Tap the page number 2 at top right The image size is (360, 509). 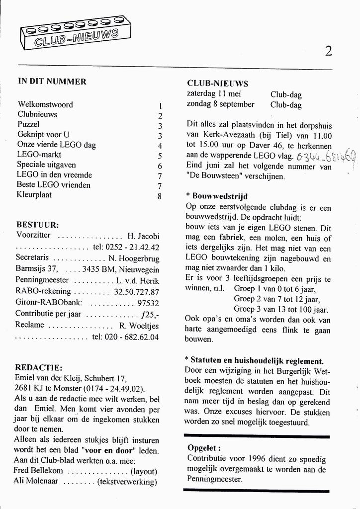pos(328,51)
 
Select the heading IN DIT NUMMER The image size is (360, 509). pos(52,82)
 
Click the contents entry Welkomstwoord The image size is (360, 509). pos(45,105)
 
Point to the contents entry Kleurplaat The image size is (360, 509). pos(34,195)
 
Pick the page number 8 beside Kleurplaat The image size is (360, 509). pos(160,196)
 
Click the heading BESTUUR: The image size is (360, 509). pos(37,225)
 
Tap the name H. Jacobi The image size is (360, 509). pos(143,236)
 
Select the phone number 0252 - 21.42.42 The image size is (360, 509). pos(132,247)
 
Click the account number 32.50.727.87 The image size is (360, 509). pos(136,292)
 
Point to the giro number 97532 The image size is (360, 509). pos(148,303)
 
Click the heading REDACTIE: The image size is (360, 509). pos(39,368)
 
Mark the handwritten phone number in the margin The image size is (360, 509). pos(325,159)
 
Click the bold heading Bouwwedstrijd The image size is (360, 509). pos(219,196)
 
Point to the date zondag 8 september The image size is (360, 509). pos(220,104)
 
